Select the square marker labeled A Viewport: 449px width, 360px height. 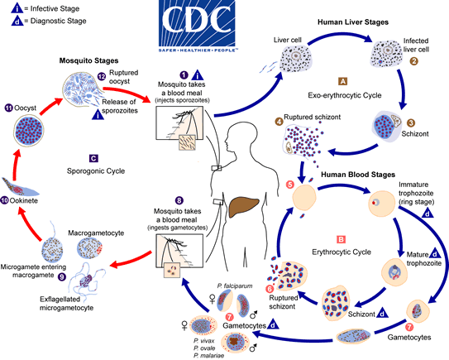[x=342, y=81]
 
